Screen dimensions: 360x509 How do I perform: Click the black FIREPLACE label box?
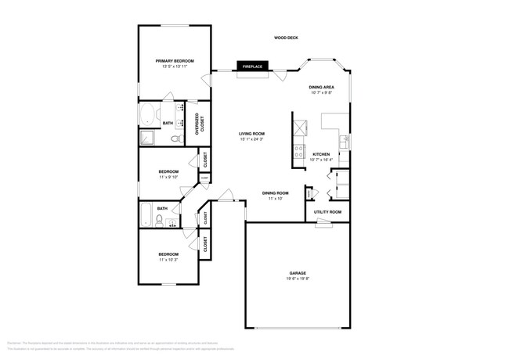(252, 67)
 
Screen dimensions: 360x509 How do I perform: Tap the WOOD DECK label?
(286, 38)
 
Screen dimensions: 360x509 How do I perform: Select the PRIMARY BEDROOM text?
(175, 61)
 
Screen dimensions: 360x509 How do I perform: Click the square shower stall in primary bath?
(148, 139)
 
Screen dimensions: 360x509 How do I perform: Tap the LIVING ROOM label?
(251, 134)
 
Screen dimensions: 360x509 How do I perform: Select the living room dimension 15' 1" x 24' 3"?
(251, 139)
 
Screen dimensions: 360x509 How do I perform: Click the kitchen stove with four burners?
(298, 152)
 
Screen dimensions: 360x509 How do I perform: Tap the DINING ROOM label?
(276, 193)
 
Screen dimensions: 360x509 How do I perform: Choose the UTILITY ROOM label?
(327, 212)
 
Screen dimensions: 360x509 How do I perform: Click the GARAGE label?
(298, 273)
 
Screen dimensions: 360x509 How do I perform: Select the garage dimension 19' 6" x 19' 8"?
(298, 279)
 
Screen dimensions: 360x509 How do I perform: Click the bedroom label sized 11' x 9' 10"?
(168, 171)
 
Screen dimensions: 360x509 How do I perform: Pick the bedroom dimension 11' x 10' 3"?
(168, 260)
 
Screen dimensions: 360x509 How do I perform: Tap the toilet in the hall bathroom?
(159, 221)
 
